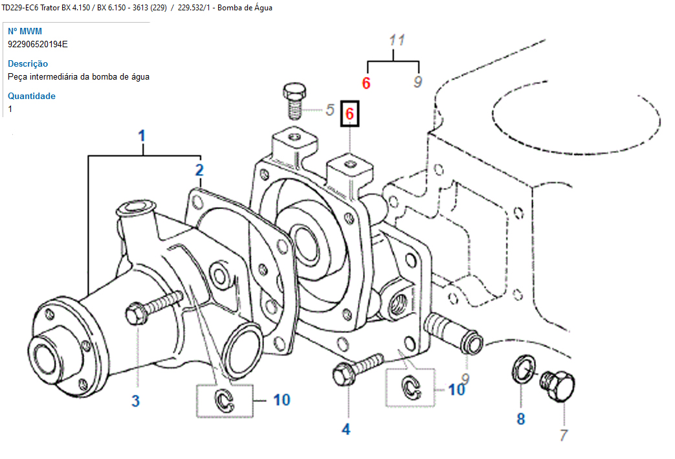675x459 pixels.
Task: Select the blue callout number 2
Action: (200, 171)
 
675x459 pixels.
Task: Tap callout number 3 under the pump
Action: (135, 401)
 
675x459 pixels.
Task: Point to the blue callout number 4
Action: (346, 429)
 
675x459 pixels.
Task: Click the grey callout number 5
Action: (330, 109)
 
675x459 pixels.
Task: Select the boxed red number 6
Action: (349, 114)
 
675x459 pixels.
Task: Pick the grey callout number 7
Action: (563, 436)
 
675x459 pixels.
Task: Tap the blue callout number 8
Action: (521, 419)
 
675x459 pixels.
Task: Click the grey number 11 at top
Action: (397, 40)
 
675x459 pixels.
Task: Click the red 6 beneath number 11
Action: (366, 83)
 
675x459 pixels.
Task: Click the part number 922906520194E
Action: (38, 44)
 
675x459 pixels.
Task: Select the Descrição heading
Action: (28, 63)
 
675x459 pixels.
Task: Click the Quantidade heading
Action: (32, 96)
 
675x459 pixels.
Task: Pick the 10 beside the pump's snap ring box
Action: (282, 400)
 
